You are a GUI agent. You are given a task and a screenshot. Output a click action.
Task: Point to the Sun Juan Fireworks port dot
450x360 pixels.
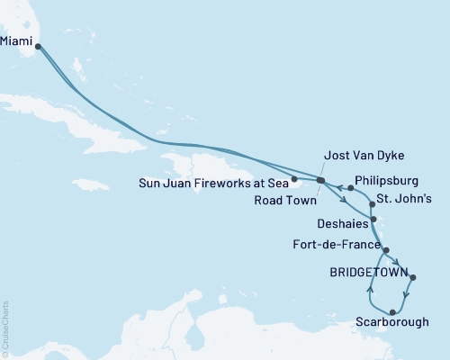pos(295,178)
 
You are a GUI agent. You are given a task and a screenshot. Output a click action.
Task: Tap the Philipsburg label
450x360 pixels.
pos(389,179)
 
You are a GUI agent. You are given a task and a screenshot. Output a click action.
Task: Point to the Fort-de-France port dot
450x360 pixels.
pos(386,249)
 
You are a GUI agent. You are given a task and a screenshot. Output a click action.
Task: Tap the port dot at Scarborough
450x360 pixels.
pos(391,310)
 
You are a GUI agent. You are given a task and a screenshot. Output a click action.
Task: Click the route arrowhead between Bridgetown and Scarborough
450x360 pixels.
pos(408,294)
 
